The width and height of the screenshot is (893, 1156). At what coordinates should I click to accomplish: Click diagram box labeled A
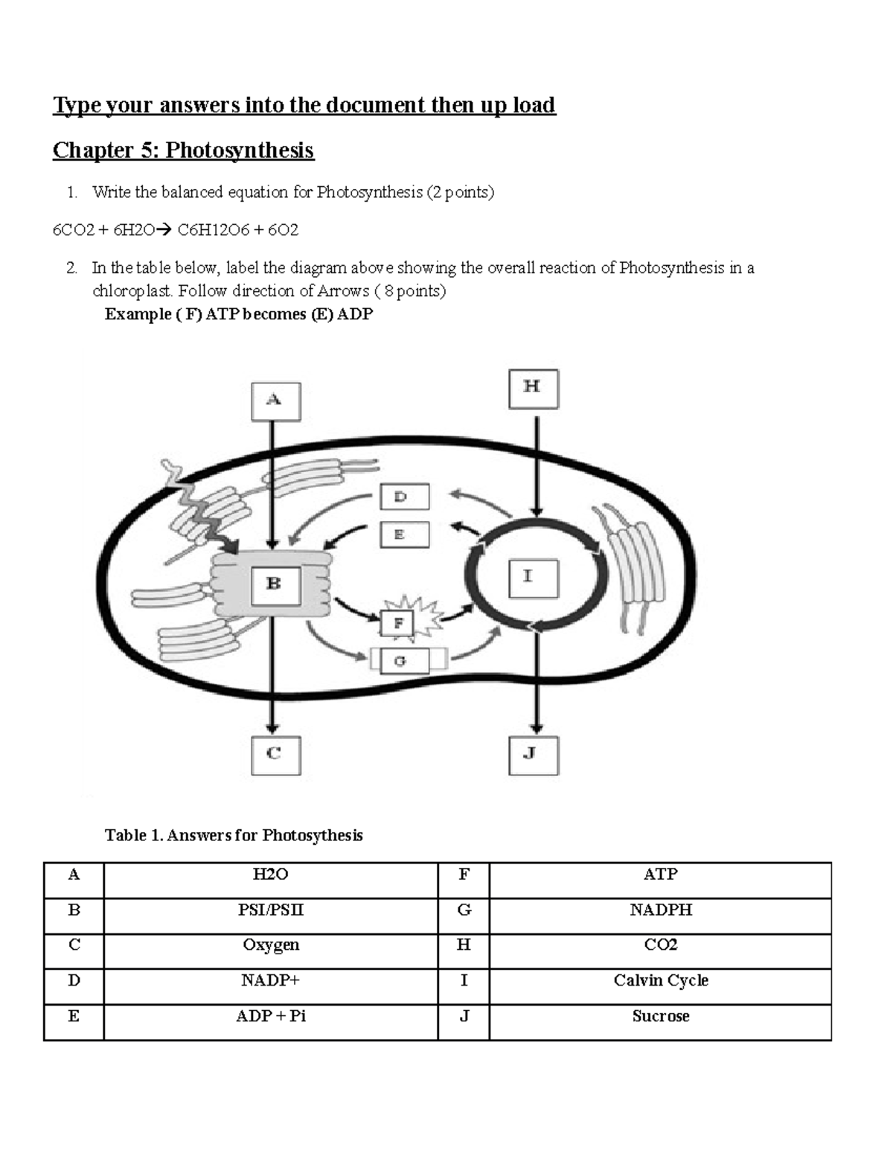tap(275, 401)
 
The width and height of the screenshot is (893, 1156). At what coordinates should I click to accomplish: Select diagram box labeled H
tap(533, 389)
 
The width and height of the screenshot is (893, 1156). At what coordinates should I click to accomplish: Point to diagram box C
tap(275, 756)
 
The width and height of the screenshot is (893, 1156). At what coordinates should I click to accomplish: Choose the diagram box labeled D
tap(404, 497)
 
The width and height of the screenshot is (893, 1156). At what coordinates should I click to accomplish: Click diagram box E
tap(404, 534)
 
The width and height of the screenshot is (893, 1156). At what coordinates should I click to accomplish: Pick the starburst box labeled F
tap(398, 622)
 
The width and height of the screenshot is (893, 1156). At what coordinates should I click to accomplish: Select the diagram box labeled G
tap(404, 661)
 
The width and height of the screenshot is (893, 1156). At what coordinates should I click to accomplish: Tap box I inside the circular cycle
tap(533, 578)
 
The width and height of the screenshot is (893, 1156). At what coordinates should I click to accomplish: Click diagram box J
tap(533, 755)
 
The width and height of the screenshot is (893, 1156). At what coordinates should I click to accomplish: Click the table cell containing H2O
tap(270, 875)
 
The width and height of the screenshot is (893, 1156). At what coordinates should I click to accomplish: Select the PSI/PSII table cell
tap(270, 910)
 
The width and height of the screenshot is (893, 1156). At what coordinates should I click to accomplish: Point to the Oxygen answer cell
tap(270, 945)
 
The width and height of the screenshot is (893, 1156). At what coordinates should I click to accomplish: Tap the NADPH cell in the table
tap(660, 910)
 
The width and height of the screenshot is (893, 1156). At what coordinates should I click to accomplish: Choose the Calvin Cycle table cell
tap(660, 981)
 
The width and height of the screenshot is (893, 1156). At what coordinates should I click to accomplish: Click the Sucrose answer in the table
tap(660, 1017)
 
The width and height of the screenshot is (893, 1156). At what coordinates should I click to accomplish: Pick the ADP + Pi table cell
tap(270, 1017)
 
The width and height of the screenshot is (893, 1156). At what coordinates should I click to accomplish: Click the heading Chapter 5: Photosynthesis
tap(183, 150)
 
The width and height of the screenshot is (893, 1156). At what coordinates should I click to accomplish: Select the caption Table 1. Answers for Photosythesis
tap(234, 835)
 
